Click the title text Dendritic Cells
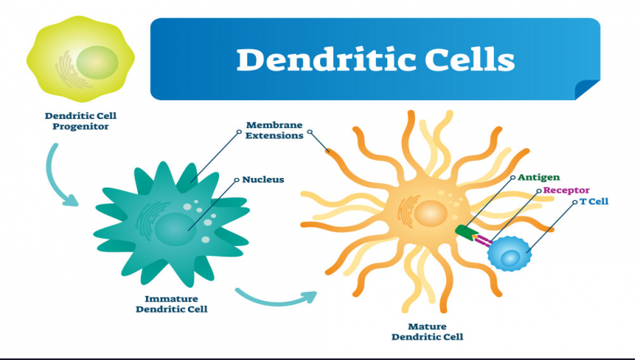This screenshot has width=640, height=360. [x=376, y=60]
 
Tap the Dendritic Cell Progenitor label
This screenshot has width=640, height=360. [x=80, y=121]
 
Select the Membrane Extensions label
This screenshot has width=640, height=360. [x=274, y=130]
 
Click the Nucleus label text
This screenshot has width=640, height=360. [x=263, y=180]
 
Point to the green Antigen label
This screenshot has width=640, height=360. [x=539, y=177]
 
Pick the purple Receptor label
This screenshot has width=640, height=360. [x=566, y=190]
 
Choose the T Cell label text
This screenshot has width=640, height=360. [x=594, y=202]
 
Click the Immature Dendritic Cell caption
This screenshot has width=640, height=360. [x=171, y=304]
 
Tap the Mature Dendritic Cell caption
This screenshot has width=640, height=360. [x=427, y=331]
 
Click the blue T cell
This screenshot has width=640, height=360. [x=510, y=253]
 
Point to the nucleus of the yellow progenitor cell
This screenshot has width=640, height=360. [x=97, y=62]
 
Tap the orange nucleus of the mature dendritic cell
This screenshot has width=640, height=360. [x=431, y=214]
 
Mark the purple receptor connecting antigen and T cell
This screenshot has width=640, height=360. [x=482, y=240]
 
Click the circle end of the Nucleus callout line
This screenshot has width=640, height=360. [x=236, y=180]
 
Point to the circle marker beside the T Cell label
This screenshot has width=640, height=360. [x=574, y=202]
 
